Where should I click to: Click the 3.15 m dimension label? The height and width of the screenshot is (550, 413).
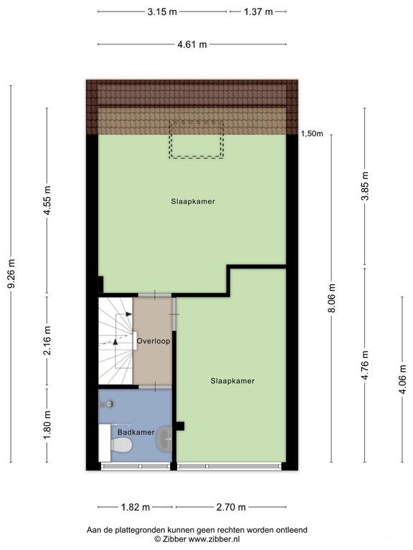tap(162, 12)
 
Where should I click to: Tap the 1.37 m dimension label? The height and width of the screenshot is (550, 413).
tap(258, 12)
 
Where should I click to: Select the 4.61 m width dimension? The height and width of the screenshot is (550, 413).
tap(192, 44)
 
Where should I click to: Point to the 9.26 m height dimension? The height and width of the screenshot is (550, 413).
tap(11, 274)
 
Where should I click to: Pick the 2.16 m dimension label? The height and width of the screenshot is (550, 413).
tap(48, 340)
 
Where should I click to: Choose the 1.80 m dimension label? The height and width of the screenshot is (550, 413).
tap(48, 425)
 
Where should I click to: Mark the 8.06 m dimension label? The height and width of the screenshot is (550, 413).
tap(332, 298)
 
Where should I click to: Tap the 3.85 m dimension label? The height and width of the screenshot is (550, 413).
tap(365, 186)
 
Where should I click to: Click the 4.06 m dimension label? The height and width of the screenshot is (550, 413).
tap(402, 379)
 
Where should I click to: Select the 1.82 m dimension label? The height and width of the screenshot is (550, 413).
tap(136, 507)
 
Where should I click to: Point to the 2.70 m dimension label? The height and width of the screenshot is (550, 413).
tap(231, 507)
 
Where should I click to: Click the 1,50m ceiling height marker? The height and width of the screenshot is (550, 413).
tap(312, 134)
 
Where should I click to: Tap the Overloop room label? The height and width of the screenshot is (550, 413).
tap(153, 341)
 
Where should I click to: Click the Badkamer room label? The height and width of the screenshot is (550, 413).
tap(136, 432)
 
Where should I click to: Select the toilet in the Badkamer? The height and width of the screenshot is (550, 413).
tap(121, 445)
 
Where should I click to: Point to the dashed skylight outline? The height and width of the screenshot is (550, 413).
tap(196, 139)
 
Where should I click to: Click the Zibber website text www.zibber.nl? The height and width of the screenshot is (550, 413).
tap(214, 539)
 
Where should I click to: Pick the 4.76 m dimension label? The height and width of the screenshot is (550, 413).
tap(365, 365)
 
